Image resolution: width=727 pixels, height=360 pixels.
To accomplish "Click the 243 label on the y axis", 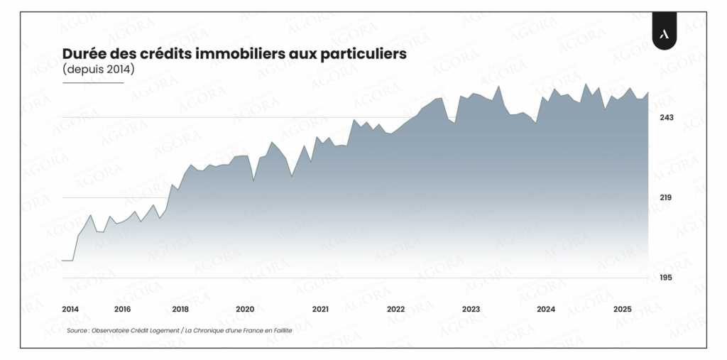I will coord(667,117).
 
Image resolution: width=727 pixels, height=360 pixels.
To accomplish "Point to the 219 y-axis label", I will coord(666,197).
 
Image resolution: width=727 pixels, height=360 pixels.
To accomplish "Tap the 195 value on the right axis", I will coord(666,278).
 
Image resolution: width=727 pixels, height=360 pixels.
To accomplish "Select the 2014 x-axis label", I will coord(70,309).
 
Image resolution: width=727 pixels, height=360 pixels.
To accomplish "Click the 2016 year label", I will coord(122,309).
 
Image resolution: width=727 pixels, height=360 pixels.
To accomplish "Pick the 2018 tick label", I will coord(180,309).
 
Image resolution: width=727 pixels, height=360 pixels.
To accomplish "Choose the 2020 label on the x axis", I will coord(245,309).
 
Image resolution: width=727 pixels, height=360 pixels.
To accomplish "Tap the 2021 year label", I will coord(320,309).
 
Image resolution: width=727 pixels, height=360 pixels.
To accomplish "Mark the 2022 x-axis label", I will coord(395,309).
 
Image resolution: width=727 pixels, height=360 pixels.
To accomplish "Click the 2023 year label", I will coord(471,309).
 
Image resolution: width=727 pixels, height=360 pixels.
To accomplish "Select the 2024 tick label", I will coord(546,309).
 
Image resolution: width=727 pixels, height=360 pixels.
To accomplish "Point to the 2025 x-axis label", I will coord(623,309).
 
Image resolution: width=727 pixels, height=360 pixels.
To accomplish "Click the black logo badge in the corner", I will coord(665,34).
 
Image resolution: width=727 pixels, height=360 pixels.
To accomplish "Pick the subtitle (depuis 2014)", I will coord(98,70).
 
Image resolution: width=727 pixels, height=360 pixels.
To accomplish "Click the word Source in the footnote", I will coord(77,331).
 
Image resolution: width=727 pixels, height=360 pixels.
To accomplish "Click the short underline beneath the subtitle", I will coord(93,82).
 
